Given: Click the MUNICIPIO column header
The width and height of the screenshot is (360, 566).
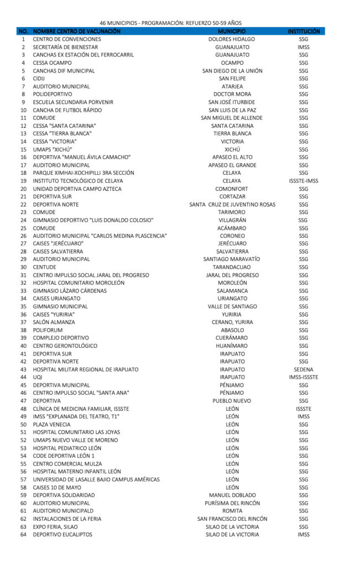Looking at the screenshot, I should click(x=232, y=32).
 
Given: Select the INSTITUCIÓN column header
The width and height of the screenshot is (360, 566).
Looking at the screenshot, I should click(x=304, y=32).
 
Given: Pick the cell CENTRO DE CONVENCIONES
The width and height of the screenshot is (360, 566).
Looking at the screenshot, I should click(x=67, y=40).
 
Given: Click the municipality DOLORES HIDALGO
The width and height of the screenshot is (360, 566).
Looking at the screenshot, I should click(x=232, y=40).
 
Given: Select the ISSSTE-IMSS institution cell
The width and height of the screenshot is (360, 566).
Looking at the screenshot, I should click(x=304, y=181).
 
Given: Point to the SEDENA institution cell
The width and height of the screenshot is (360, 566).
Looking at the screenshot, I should click(x=304, y=369).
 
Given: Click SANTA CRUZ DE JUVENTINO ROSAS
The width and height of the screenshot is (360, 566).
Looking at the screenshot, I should click(x=232, y=205).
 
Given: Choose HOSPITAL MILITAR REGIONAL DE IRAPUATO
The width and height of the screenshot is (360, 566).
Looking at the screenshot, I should click(x=85, y=369).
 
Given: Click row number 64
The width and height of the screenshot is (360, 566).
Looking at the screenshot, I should click(x=23, y=534).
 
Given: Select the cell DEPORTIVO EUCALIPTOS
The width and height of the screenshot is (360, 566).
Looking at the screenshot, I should click(x=62, y=534).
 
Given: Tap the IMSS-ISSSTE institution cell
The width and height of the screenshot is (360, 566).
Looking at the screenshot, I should click(x=304, y=377).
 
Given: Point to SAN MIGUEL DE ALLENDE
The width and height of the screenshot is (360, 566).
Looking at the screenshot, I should click(x=232, y=118).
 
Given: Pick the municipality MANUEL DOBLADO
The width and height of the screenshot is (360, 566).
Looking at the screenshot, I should click(x=232, y=495).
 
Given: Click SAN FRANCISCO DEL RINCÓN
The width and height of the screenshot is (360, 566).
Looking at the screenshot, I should click(x=232, y=518).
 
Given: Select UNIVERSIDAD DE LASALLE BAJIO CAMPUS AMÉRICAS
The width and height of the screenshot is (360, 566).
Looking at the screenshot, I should click(x=96, y=479).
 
